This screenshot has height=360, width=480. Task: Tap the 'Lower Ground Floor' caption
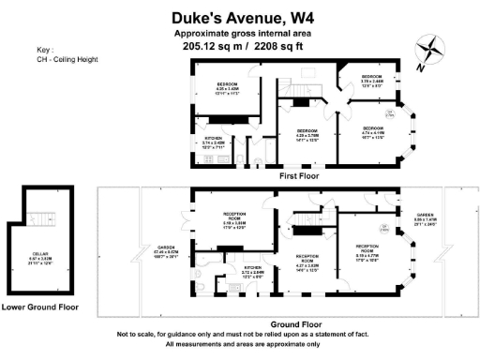[x=39, y=307]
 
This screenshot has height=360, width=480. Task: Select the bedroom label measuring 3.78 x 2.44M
[x=372, y=78]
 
